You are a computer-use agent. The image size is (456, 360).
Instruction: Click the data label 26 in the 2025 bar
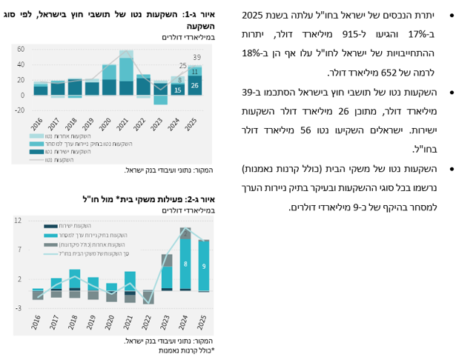[x=194, y=87]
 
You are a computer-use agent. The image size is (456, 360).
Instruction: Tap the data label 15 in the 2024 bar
[x=177, y=90]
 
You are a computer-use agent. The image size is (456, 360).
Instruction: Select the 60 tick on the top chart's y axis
[x=20, y=50]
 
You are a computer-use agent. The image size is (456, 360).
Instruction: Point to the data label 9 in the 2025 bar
[x=203, y=264]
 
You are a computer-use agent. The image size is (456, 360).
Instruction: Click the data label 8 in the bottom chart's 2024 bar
[x=185, y=264]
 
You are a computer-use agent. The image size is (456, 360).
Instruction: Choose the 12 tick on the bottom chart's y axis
[x=19, y=220]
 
